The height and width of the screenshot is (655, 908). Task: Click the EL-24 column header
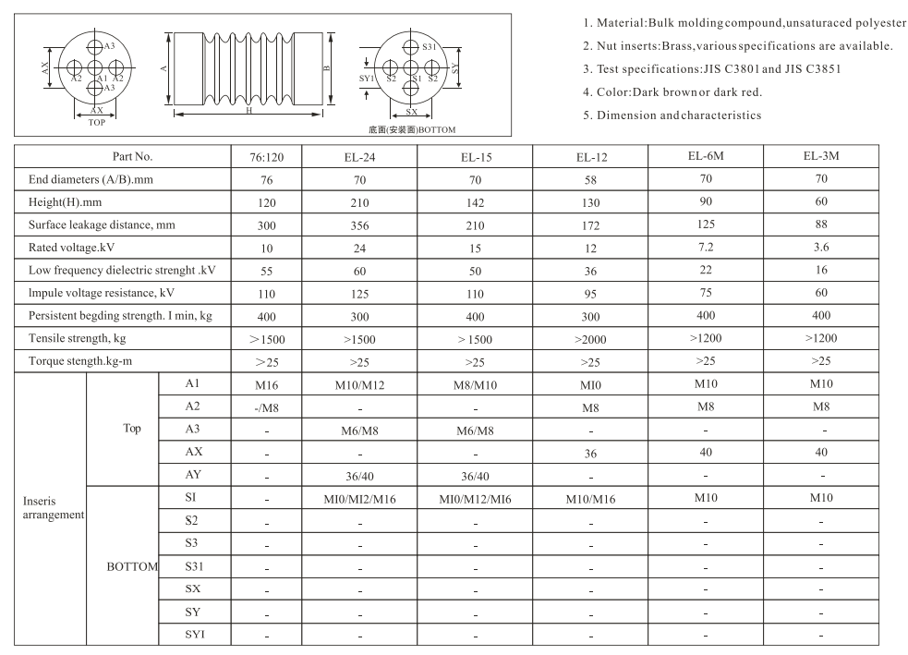(359, 157)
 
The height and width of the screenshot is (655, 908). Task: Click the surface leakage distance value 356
(359, 224)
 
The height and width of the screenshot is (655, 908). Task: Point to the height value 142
(475, 202)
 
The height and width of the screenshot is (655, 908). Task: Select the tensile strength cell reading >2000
(591, 338)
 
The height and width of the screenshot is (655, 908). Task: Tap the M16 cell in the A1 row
(266, 383)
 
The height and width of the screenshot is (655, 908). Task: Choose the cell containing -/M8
(266, 406)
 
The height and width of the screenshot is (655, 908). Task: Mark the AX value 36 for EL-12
(591, 454)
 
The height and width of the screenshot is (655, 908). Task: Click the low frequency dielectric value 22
(707, 269)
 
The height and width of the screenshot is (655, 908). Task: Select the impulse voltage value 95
(591, 293)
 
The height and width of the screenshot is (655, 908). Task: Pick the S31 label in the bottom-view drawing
(429, 47)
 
